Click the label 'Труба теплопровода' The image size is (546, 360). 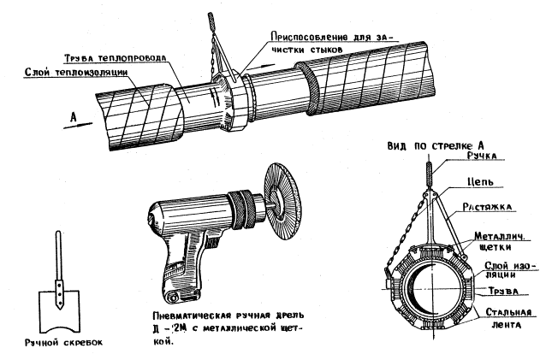[x=115, y=59]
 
